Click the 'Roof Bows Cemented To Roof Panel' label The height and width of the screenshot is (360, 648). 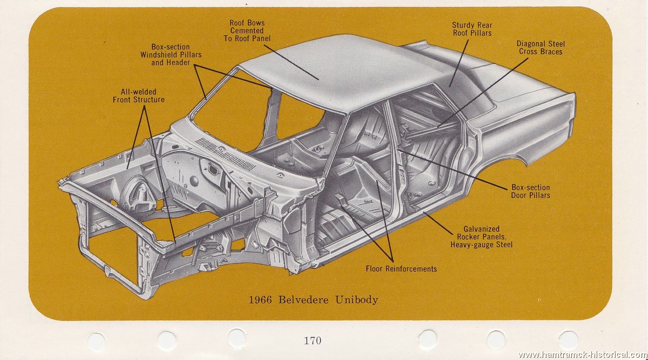(x=247, y=31)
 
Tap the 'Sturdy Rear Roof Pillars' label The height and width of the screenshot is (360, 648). (x=472, y=29)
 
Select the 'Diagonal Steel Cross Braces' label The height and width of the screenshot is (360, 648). (x=541, y=47)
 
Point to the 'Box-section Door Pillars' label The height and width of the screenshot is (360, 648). (x=530, y=191)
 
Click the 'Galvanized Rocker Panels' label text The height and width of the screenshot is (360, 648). (x=481, y=236)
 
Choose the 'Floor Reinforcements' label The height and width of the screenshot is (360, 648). (x=401, y=268)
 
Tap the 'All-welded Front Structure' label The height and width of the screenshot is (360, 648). (x=139, y=96)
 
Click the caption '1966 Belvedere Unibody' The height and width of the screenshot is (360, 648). (x=313, y=300)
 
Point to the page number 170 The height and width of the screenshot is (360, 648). (x=313, y=340)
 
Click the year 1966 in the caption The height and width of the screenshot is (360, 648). (x=261, y=300)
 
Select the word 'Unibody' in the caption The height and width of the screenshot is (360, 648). (x=356, y=300)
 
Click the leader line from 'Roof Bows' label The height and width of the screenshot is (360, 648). (x=292, y=62)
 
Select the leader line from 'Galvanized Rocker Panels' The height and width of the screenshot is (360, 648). (x=437, y=221)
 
